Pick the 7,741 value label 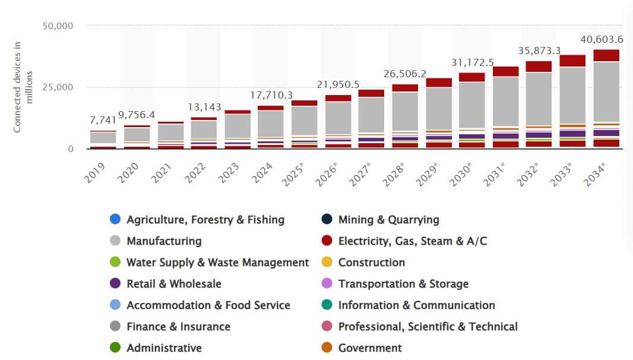pos(103,121)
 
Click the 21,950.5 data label pos(338,84)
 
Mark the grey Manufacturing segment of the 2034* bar pos(606,91)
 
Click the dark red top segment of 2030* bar pos(471,77)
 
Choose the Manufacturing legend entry pos(163,241)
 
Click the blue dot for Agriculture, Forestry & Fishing pos(115,220)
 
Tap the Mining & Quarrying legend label pos(388,220)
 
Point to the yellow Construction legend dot pos(327,263)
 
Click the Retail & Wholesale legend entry pos(173,284)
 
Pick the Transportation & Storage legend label pos(403,284)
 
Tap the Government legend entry pos(370,348)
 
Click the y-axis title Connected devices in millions pos(23,86)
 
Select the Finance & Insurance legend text pos(178,327)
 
